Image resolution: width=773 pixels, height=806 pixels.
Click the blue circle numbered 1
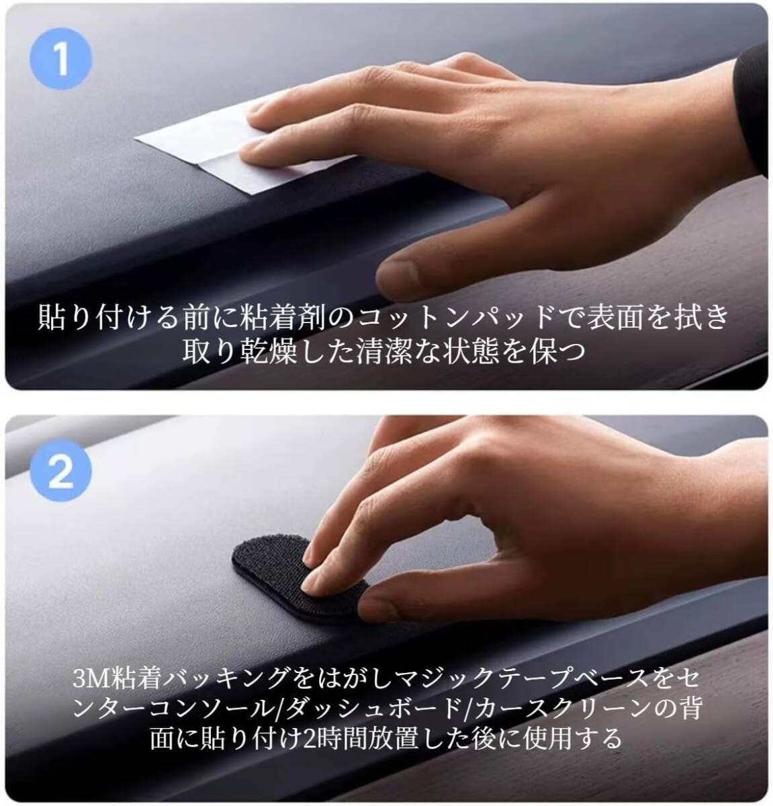pyautogui.click(x=60, y=59)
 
